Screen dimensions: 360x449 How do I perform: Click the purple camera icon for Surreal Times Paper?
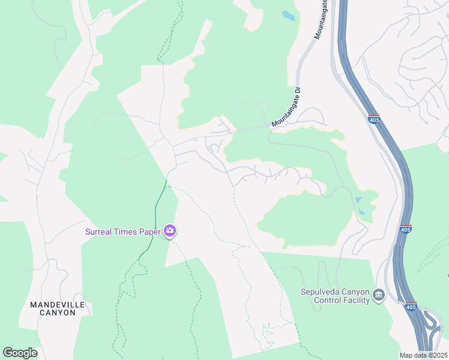pyautogui.click(x=170, y=231)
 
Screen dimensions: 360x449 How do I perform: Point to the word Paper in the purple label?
pyautogui.click(x=151, y=232)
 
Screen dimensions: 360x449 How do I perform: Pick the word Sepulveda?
pyautogui.click(x=321, y=292)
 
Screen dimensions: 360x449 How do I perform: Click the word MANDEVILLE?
pyautogui.click(x=58, y=305)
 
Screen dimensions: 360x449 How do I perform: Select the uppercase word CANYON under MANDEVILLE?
pyautogui.click(x=58, y=313)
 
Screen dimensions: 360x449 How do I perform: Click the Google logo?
pyautogui.click(x=20, y=353)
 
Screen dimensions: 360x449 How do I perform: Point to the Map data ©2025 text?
pyautogui.click(x=423, y=355)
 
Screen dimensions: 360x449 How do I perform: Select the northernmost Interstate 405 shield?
pyautogui.click(x=373, y=119)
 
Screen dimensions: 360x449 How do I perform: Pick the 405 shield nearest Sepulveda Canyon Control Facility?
pyautogui.click(x=411, y=307)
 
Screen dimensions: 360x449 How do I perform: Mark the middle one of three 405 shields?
pyautogui.click(x=405, y=229)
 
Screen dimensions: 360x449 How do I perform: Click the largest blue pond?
pyautogui.click(x=289, y=16)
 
